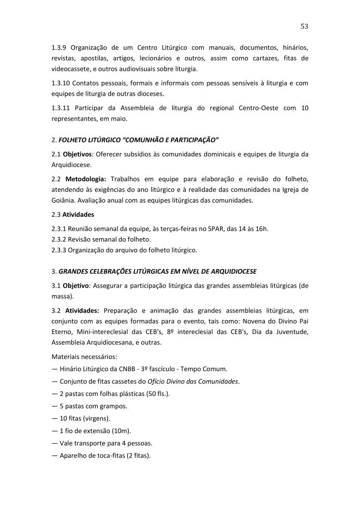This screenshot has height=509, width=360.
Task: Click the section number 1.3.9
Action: [x=60, y=48]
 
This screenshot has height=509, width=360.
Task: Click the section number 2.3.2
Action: [x=61, y=239]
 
